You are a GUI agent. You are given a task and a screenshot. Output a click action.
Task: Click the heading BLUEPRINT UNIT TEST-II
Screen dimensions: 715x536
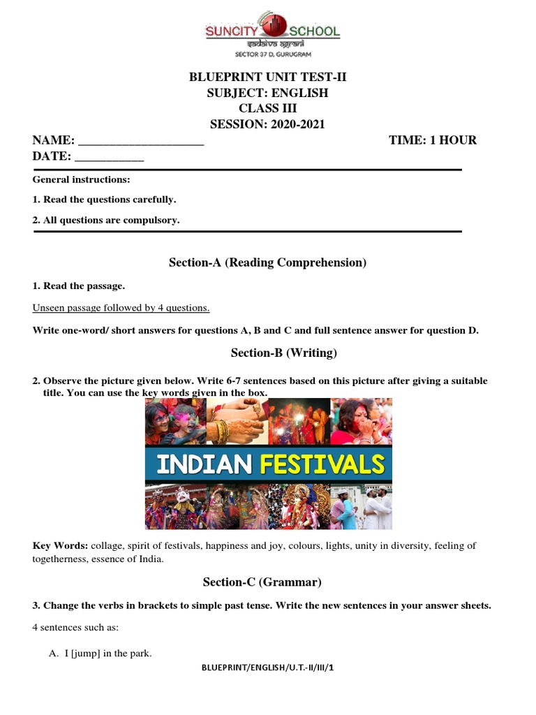(x=268, y=78)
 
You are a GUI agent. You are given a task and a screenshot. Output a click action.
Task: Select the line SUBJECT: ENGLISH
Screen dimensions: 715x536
(x=268, y=93)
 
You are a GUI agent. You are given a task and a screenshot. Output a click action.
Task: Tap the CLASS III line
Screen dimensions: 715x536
(x=268, y=108)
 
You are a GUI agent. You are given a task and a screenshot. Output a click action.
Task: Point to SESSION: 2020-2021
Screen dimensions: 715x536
(x=268, y=124)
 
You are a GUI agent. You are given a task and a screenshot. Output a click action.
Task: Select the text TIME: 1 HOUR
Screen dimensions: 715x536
(x=433, y=140)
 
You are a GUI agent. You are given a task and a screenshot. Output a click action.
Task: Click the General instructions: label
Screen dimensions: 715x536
(x=81, y=179)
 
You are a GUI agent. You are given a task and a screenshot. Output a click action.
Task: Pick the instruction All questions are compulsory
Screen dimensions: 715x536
(x=106, y=220)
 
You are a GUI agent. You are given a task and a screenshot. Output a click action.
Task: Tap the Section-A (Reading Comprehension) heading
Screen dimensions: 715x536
(x=268, y=263)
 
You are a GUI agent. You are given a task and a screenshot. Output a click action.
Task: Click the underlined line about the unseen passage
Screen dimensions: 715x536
(x=121, y=308)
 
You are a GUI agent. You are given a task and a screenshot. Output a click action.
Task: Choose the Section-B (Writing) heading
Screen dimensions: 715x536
(x=268, y=353)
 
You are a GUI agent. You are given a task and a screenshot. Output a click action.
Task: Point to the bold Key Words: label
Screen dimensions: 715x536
(x=60, y=546)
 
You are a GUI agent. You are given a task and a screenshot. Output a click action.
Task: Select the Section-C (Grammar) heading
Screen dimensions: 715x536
(x=262, y=582)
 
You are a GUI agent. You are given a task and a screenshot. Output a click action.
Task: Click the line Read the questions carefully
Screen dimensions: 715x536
(x=105, y=200)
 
